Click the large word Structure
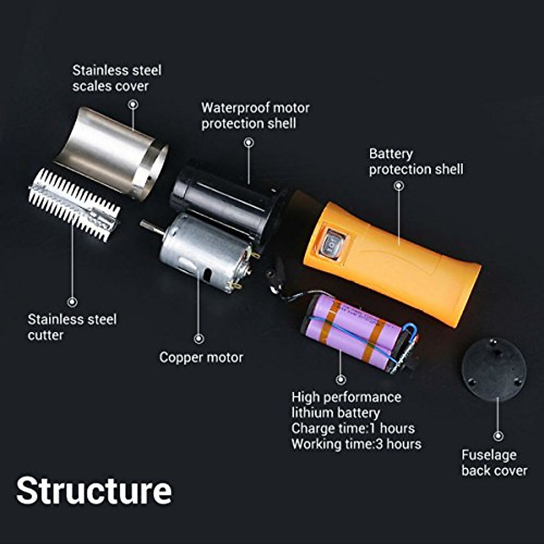(94, 491)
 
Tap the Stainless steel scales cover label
(117, 78)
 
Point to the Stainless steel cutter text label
(72, 327)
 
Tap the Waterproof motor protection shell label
(255, 116)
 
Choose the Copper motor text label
(201, 357)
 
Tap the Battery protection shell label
(416, 161)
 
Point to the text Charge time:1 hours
(353, 428)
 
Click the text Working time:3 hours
(356, 444)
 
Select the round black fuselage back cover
(494, 369)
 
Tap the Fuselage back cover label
(494, 462)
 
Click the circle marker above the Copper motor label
(199, 339)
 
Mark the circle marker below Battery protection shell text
(399, 185)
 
